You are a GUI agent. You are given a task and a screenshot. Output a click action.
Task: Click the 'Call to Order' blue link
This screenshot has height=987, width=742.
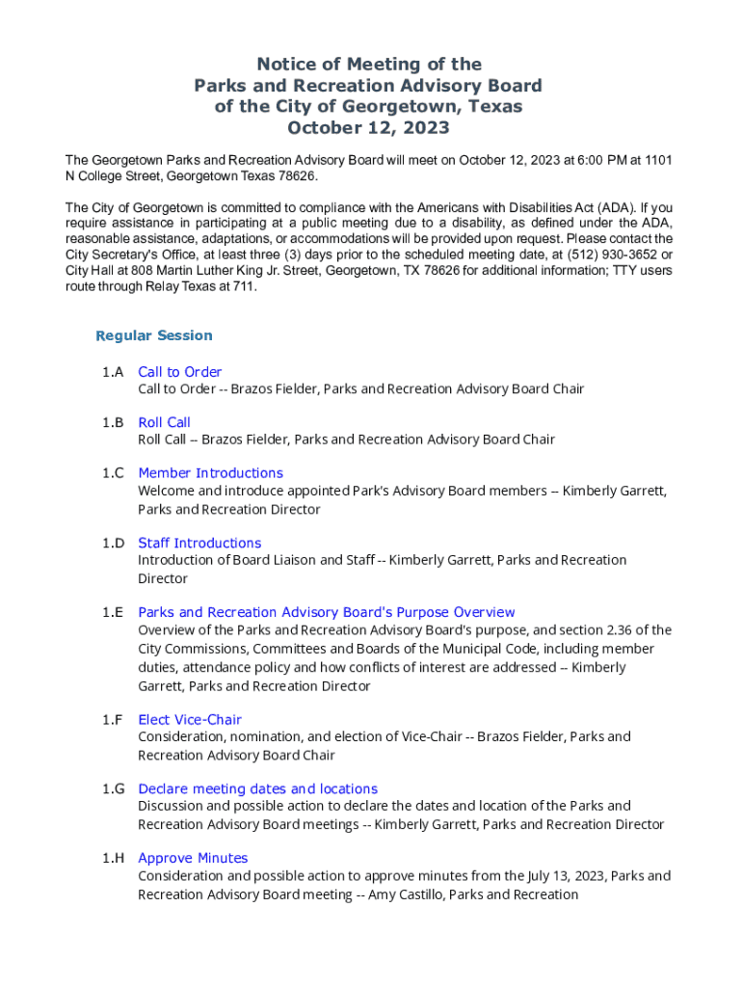coord(179,372)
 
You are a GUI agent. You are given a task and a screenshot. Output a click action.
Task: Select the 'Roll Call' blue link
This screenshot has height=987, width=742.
coord(164,422)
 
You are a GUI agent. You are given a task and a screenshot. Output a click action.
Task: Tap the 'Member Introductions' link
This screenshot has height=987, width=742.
coord(210,472)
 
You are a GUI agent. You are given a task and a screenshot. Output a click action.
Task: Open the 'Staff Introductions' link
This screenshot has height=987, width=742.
coord(199,543)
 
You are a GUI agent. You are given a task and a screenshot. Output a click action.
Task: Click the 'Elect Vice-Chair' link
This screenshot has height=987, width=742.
coord(190,719)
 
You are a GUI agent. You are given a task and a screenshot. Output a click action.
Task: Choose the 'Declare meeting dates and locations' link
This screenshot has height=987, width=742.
coord(257,788)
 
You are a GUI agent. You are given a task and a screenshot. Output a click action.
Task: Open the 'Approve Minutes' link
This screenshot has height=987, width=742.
coord(193,858)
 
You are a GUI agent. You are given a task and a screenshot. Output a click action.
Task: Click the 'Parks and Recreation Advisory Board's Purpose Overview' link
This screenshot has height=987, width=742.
coord(327,612)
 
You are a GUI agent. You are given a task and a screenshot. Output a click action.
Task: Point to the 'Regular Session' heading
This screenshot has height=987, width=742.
coord(154,335)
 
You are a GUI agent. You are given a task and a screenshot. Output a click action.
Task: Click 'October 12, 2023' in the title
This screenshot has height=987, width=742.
coord(368,127)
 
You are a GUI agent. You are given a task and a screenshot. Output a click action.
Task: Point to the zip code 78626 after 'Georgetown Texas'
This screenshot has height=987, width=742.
coord(295,177)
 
